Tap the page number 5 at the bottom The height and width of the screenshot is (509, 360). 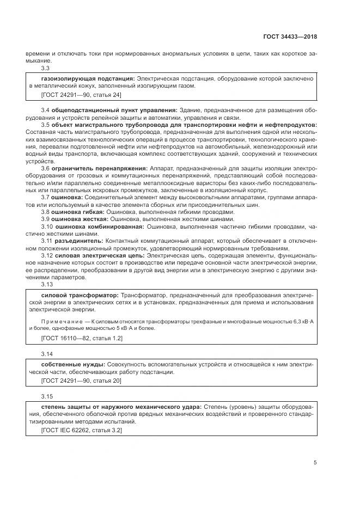click(315, 463)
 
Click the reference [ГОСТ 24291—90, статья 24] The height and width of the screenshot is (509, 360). click(81, 95)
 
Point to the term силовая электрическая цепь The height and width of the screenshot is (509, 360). click(99, 255)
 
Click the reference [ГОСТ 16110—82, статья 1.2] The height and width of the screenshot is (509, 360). click(82, 339)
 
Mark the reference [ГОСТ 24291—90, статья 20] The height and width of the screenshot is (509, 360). click(81, 380)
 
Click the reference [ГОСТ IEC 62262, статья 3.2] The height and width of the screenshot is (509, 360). click(82, 430)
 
